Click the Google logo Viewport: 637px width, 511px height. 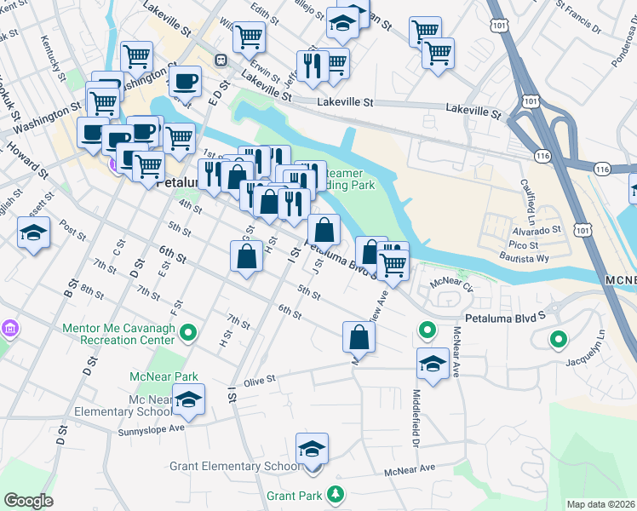pyautogui.click(x=28, y=501)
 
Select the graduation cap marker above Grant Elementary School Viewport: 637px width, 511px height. pyautogui.click(x=313, y=449)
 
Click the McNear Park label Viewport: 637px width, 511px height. pyautogui.click(x=164, y=376)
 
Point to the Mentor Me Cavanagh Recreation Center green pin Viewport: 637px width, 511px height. pyautogui.click(x=191, y=332)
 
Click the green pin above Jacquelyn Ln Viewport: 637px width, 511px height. pyautogui.click(x=558, y=340)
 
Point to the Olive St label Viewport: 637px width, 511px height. pyautogui.click(x=261, y=380)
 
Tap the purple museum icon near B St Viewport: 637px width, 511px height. pyautogui.click(x=9, y=328)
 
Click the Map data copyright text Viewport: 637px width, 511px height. pyautogui.click(x=600, y=504)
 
